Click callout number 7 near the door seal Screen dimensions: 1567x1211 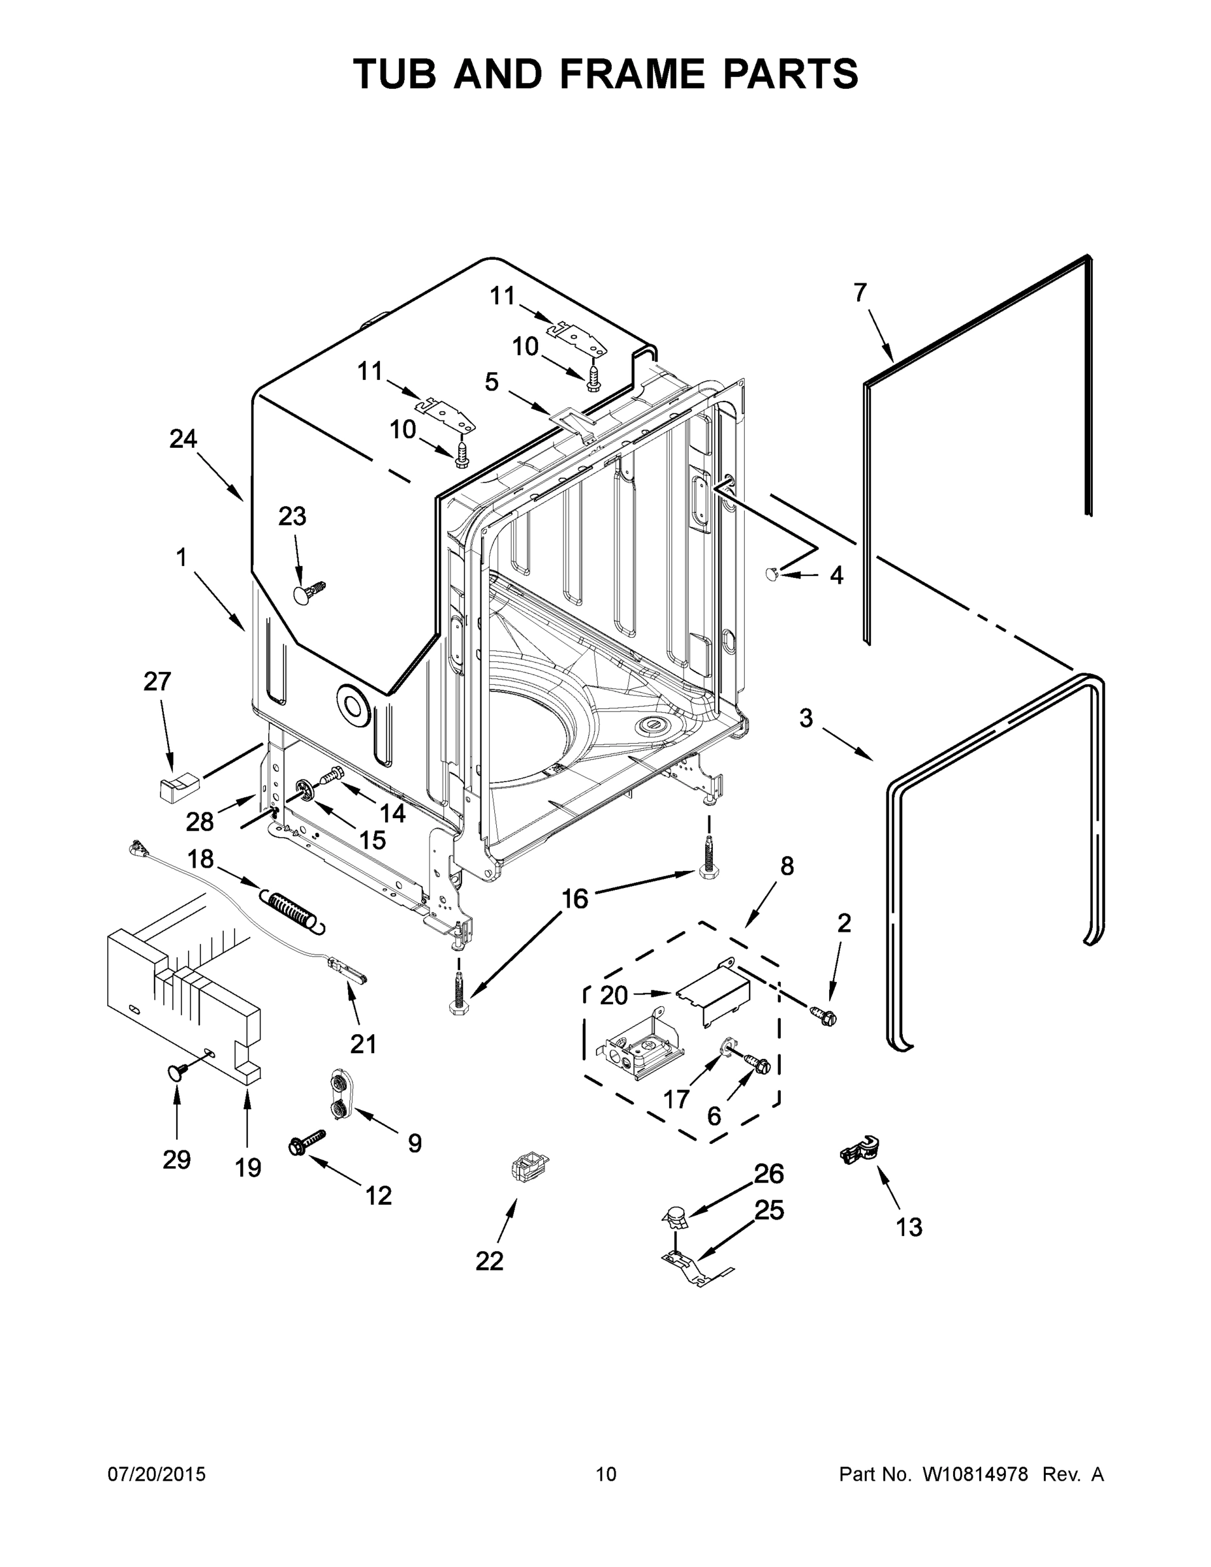pos(860,293)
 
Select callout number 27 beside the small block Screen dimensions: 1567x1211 pos(157,681)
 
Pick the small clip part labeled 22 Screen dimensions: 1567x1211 pos(527,1169)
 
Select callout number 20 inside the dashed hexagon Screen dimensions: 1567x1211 pos(614,995)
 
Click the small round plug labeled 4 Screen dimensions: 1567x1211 pos(773,573)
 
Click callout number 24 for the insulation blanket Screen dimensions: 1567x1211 pos(183,438)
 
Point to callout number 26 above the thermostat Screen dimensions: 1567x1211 pos(768,1173)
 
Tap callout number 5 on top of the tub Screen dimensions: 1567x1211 pos(492,382)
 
